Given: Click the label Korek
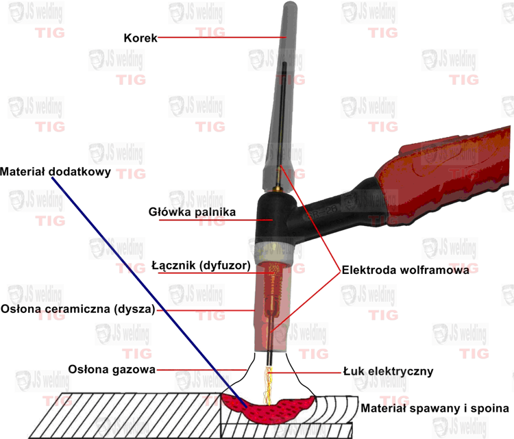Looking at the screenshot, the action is pos(140,38).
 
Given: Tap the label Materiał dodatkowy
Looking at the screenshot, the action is pos(56,172).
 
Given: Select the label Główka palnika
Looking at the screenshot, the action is pos(192,212).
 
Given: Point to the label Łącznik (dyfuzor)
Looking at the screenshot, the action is pos(201,265).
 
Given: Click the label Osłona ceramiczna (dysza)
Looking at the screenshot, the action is pos(77,309).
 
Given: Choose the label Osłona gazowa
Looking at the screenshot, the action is pos(112,370).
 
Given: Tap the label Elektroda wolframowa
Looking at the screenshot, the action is pos(406,270).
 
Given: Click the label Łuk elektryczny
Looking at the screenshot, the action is pos(388,371).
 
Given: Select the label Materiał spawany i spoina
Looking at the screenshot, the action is pos(435,408).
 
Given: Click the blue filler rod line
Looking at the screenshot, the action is pos(149,292).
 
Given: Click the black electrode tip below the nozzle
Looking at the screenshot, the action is pos(270,358).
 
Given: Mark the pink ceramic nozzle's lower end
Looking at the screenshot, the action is pos(271,350).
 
